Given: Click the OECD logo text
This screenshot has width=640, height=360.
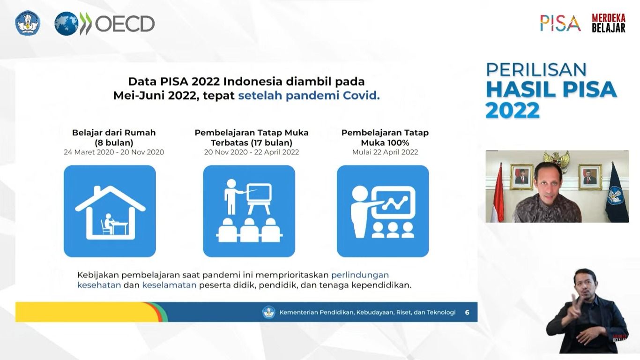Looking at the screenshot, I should (125, 24).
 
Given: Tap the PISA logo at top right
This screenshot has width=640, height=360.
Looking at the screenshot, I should (560, 23).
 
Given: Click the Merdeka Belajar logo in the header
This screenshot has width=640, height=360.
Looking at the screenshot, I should (608, 23).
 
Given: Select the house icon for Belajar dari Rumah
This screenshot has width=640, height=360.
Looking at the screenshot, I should (110, 211).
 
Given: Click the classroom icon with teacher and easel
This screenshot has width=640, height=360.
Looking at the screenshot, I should (249, 211).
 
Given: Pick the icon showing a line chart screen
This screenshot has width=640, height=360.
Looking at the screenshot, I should (382, 211).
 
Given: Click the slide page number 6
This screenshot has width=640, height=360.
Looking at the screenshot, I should (467, 312).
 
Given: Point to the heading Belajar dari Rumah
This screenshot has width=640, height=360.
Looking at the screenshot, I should (114, 133).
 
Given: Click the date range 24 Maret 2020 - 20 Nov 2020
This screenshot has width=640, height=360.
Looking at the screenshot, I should (114, 152).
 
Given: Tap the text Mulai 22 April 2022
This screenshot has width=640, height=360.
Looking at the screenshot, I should (385, 152).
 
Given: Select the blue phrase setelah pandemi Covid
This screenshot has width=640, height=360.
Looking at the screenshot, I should (309, 96).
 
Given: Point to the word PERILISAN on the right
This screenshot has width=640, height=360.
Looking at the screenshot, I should (536, 70).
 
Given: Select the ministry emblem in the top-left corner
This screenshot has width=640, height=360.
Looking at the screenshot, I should (28, 23).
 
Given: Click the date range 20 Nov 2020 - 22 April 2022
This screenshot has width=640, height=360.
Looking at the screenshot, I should (251, 152).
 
